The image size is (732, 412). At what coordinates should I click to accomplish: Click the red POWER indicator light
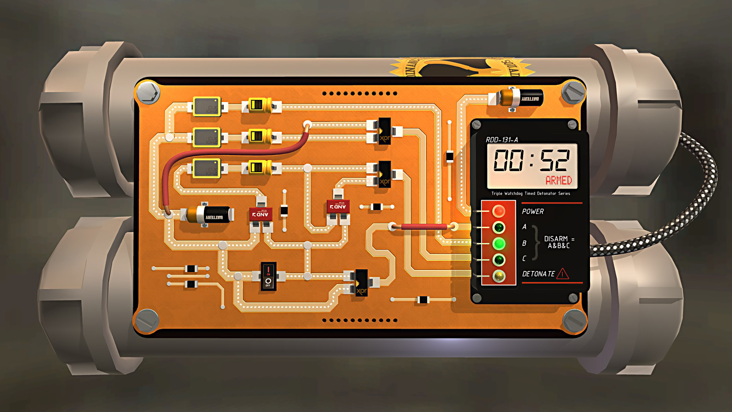499,211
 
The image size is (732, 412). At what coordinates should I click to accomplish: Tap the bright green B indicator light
499,244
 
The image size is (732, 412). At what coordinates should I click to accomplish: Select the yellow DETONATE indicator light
499,276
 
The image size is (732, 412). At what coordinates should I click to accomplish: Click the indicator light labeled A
499,227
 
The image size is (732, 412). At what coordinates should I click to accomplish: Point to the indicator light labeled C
499,260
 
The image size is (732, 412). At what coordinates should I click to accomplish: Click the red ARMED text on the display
558,181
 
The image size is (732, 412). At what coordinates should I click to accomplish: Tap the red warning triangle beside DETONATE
562,274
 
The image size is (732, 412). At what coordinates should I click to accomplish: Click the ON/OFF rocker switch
268,276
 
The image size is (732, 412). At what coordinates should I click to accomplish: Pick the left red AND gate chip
261,214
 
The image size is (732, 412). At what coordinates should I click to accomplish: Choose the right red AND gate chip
338,207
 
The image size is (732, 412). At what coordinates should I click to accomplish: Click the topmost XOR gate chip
384,131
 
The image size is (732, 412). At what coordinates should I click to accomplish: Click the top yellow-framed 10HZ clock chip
207,106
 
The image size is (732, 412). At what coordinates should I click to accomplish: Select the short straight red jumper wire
423,226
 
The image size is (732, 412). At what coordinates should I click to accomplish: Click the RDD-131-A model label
501,140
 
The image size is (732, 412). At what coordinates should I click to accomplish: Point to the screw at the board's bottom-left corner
147,320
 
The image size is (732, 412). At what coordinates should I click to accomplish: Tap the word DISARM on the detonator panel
556,239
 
